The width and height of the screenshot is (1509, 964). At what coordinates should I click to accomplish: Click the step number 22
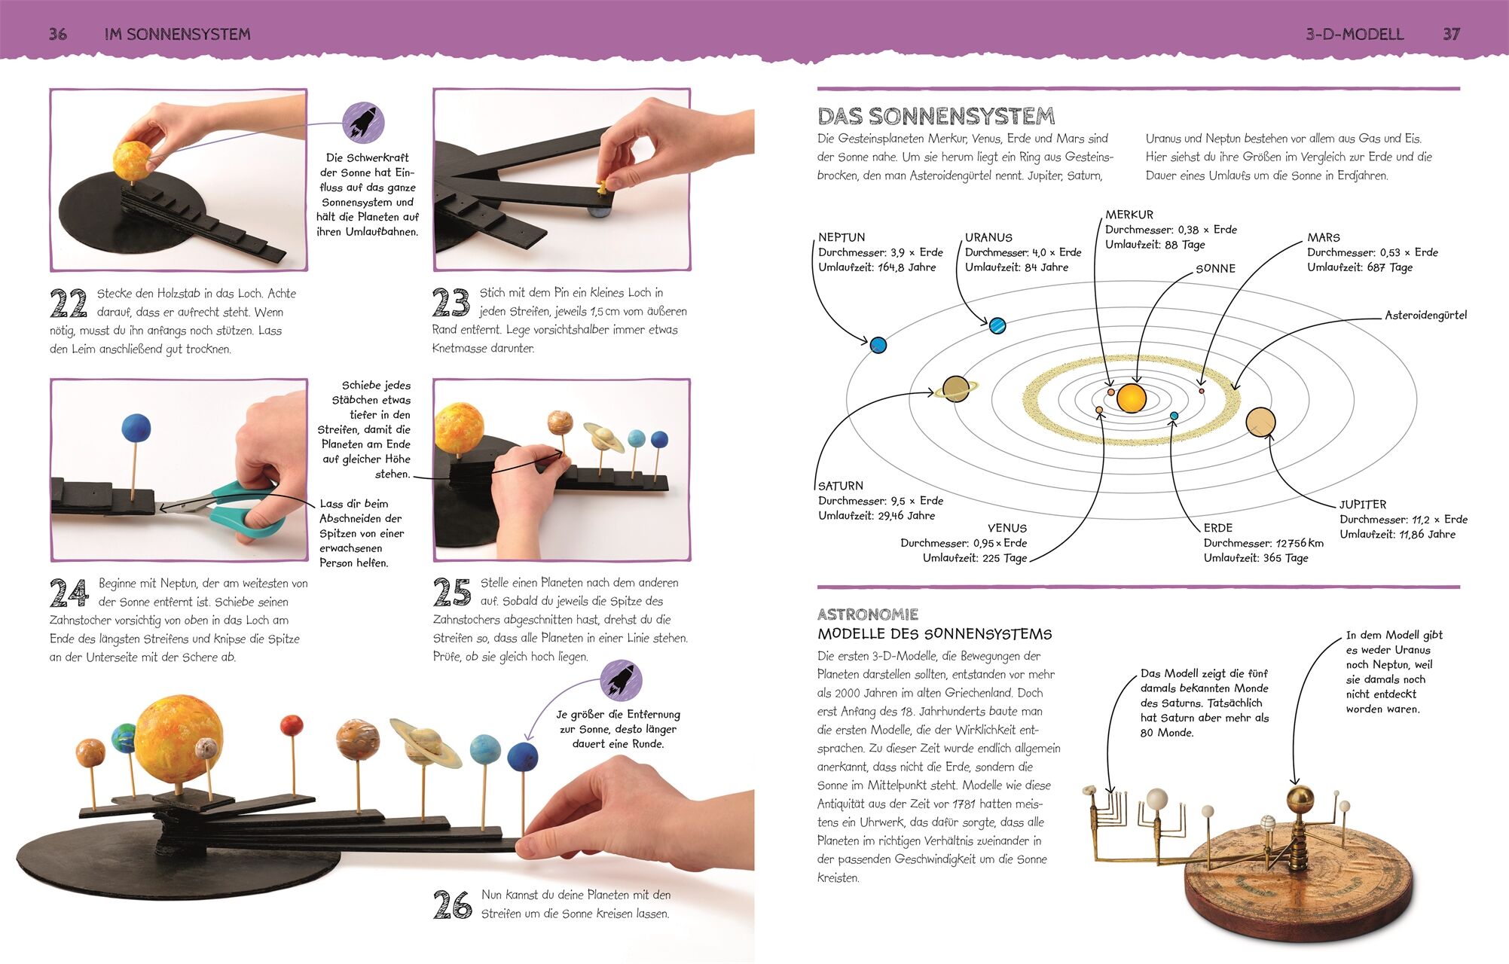pyautogui.click(x=69, y=304)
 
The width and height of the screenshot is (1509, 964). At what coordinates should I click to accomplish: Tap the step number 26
pyautogui.click(x=452, y=905)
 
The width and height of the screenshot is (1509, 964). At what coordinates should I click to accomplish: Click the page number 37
pyautogui.click(x=1451, y=34)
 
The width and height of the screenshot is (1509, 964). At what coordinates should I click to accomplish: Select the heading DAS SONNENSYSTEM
pyautogui.click(x=936, y=116)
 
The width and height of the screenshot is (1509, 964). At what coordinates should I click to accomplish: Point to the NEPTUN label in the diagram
pyautogui.click(x=842, y=237)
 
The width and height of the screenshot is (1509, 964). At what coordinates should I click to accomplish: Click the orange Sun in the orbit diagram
pyautogui.click(x=1131, y=398)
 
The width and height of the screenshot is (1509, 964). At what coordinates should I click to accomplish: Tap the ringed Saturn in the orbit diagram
pyautogui.click(x=956, y=389)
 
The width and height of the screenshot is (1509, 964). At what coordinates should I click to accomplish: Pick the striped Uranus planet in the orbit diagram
pyautogui.click(x=997, y=325)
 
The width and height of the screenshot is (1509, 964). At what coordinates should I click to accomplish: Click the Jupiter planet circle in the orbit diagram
pyautogui.click(x=1260, y=423)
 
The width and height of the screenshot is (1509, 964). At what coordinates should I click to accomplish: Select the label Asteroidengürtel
pyautogui.click(x=1425, y=316)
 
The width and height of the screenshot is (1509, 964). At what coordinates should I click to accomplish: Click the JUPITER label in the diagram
pyautogui.click(x=1362, y=505)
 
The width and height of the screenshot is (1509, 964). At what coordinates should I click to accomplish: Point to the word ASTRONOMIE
pyautogui.click(x=868, y=615)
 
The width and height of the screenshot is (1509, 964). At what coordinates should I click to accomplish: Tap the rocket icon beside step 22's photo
pyautogui.click(x=363, y=123)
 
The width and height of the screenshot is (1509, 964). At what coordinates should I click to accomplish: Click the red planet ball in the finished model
pyautogui.click(x=291, y=726)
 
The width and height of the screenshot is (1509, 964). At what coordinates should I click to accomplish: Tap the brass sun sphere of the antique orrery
pyautogui.click(x=1300, y=800)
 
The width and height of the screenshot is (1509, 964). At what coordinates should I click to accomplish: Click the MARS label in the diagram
pyautogui.click(x=1324, y=237)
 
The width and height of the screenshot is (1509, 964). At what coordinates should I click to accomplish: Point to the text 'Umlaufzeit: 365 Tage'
pyautogui.click(x=1255, y=558)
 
